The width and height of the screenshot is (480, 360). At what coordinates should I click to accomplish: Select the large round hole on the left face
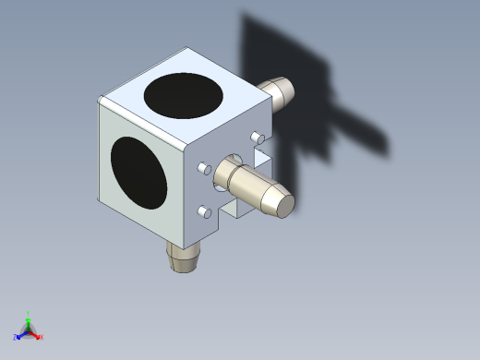(x=138, y=172)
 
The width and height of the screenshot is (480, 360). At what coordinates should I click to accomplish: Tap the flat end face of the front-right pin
(x=279, y=203)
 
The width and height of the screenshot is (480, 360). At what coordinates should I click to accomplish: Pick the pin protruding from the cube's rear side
(x=278, y=91)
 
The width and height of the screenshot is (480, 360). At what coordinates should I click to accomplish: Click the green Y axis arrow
(x=29, y=318)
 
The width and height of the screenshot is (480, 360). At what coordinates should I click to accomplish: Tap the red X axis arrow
(x=37, y=335)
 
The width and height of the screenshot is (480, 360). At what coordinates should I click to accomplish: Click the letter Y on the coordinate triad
(x=29, y=313)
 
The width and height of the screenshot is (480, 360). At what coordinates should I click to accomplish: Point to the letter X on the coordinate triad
(x=42, y=338)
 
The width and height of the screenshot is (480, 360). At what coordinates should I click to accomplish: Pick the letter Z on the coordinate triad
(x=16, y=337)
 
